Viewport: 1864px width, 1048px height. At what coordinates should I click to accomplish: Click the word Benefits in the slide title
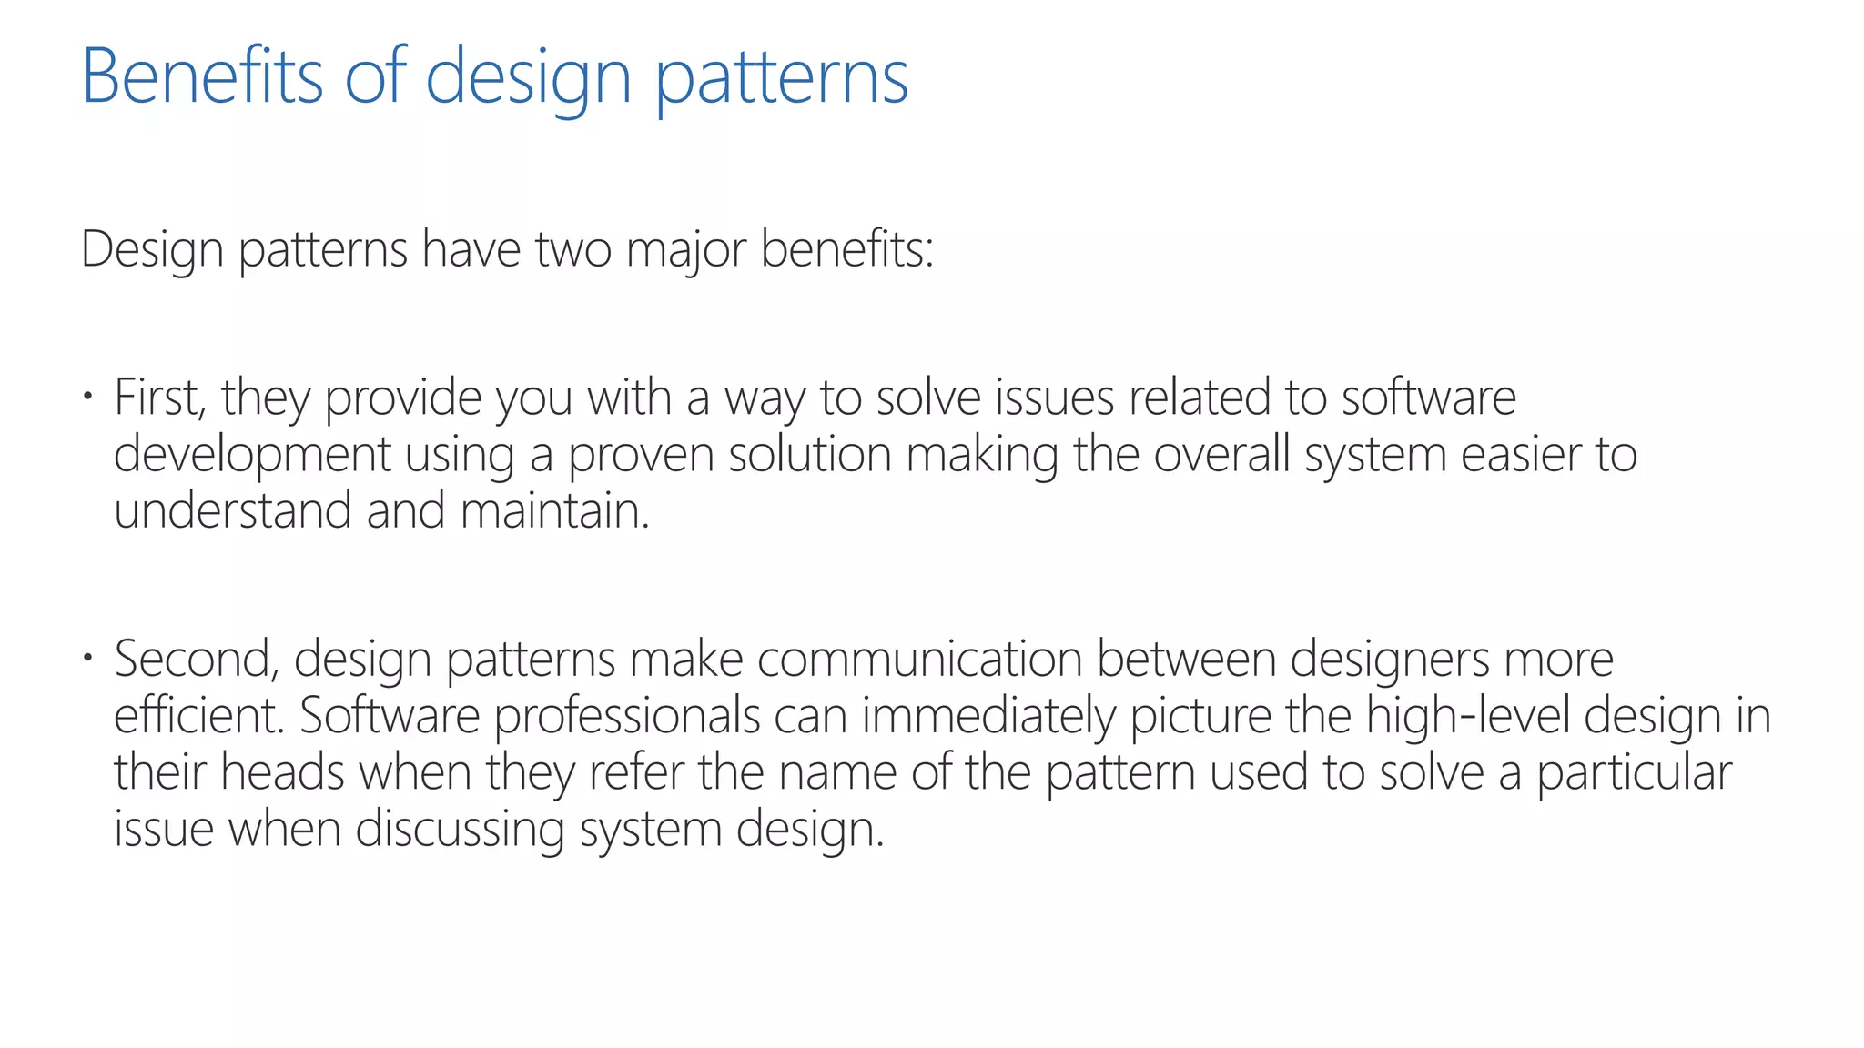click(x=202, y=76)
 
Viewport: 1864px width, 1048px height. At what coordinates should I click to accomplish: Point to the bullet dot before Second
click(x=87, y=657)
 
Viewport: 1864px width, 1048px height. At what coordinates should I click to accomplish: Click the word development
click(x=252, y=455)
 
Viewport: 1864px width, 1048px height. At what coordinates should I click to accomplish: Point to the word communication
click(x=919, y=659)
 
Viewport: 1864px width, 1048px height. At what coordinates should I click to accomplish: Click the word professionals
click(x=627, y=716)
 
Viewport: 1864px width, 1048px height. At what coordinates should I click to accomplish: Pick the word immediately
click(x=988, y=716)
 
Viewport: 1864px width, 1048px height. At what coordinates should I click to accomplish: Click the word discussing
click(x=460, y=829)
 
